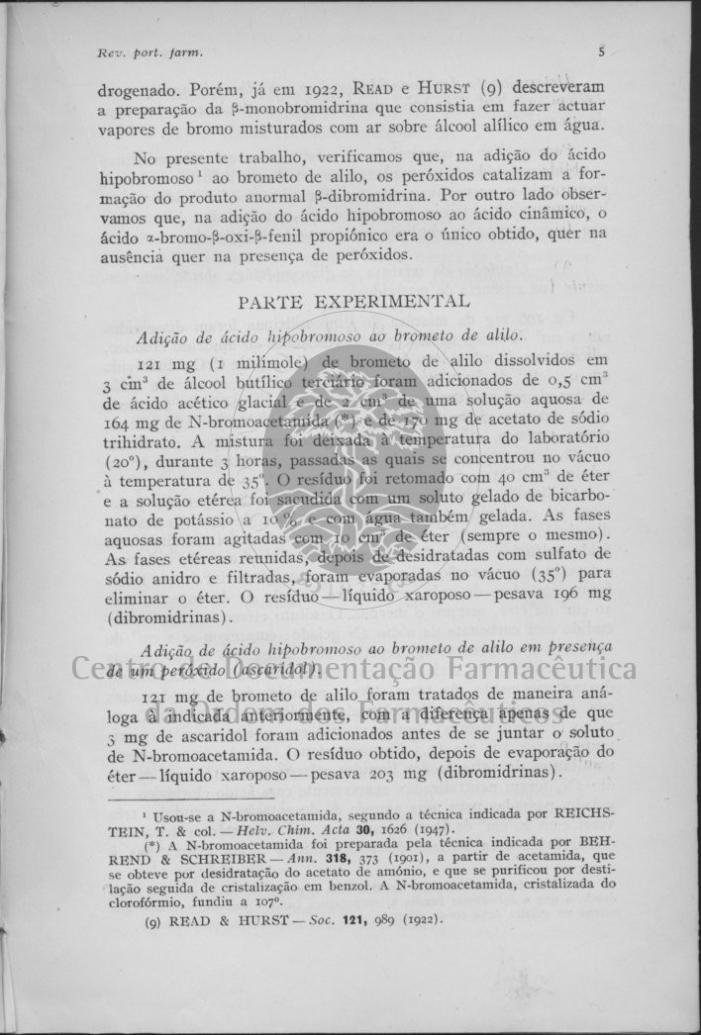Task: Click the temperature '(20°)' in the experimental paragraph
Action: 120,461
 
